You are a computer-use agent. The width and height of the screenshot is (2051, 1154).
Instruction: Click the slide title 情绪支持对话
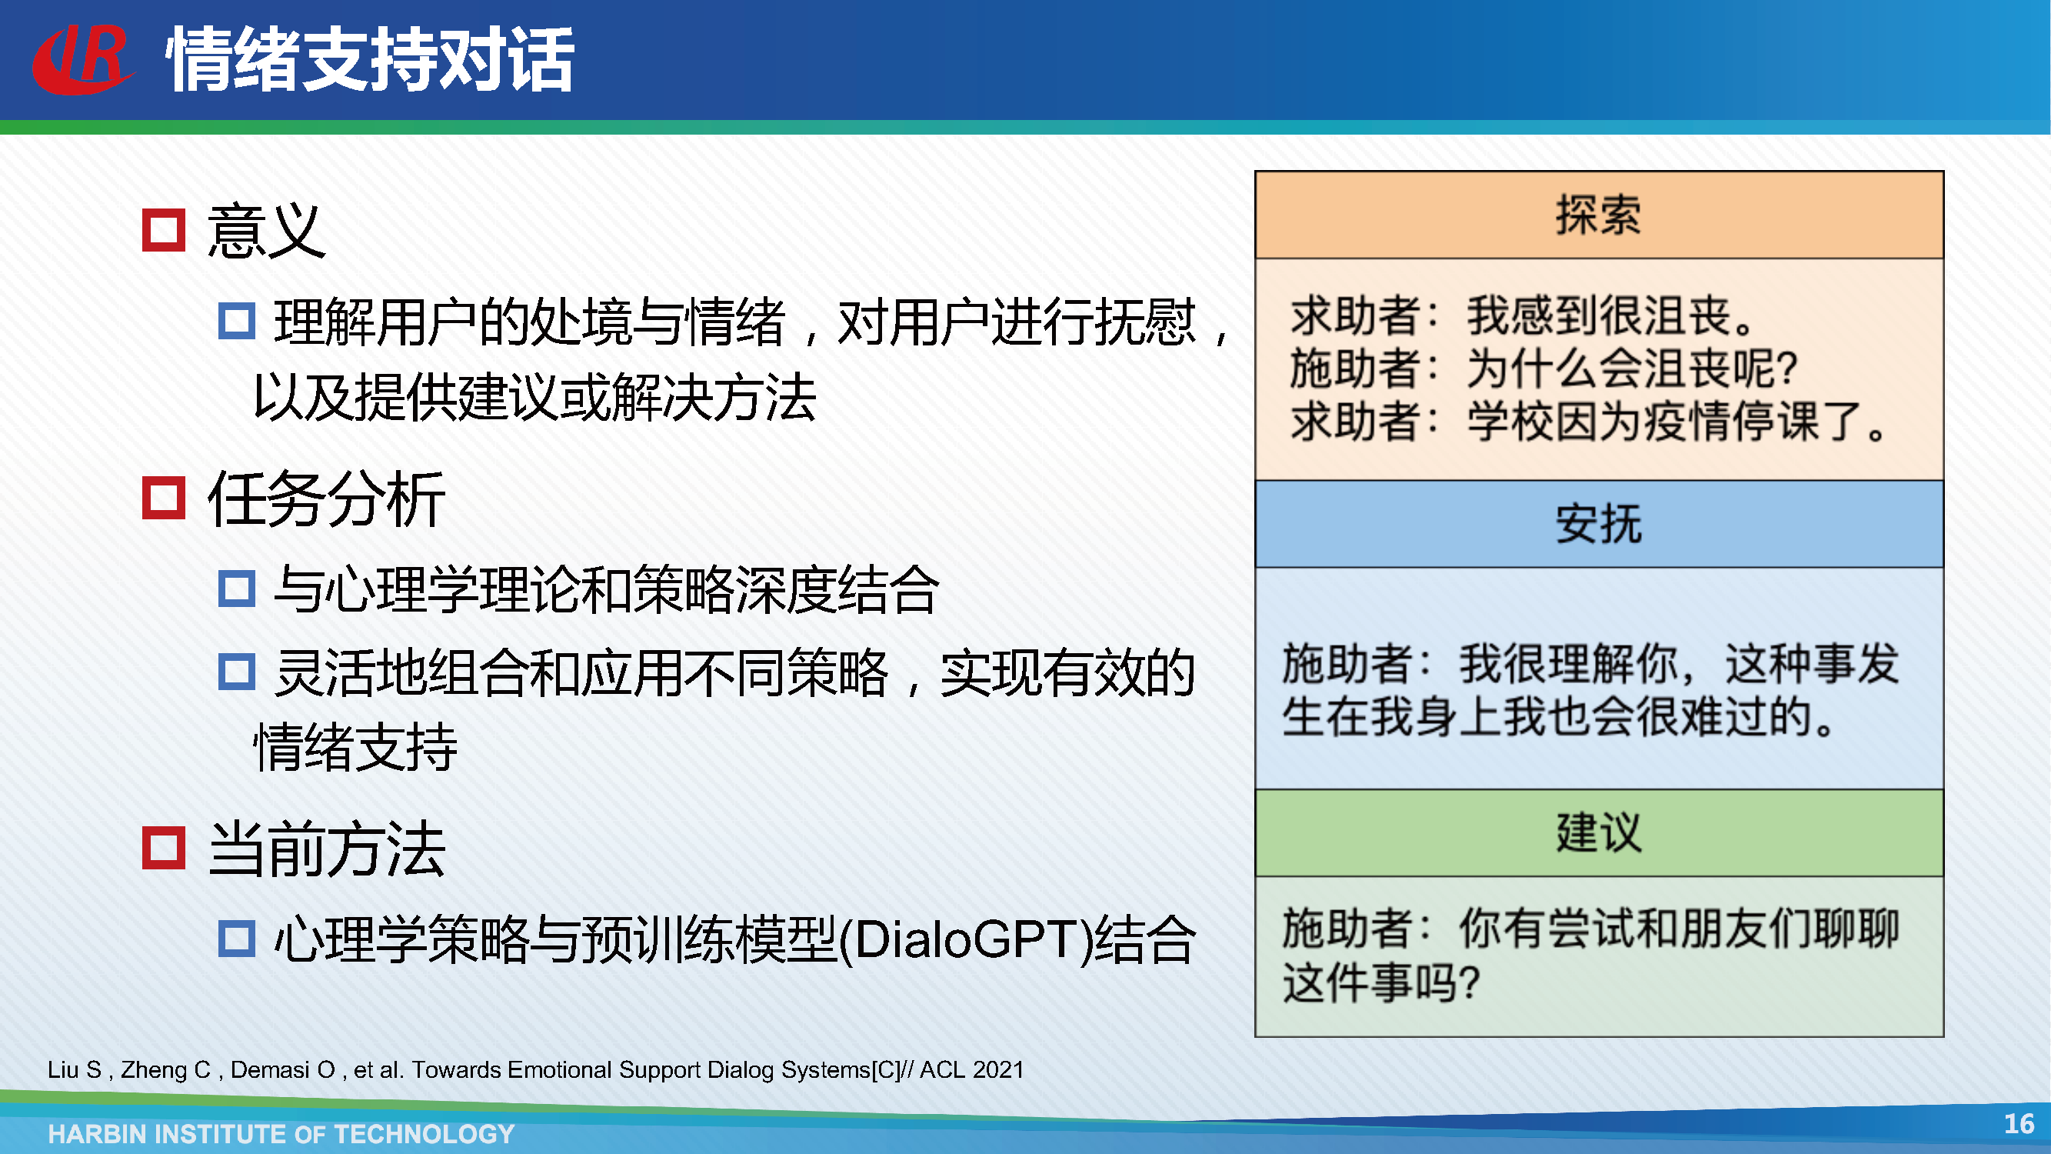click(x=370, y=60)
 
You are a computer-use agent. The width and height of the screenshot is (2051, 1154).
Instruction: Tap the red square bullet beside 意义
click(x=163, y=230)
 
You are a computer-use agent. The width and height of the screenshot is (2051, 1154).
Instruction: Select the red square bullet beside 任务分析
click(x=163, y=498)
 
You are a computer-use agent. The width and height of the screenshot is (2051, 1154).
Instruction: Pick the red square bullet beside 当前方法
click(x=163, y=847)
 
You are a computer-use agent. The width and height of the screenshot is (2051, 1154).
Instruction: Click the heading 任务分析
click(x=326, y=499)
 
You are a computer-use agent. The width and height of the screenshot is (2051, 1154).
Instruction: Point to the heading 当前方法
click(x=326, y=849)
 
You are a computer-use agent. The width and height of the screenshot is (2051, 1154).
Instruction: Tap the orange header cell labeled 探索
click(x=1599, y=215)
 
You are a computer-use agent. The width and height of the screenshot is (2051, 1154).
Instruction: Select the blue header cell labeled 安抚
click(x=1599, y=524)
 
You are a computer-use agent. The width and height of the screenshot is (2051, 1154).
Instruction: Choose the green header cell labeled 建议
click(x=1599, y=833)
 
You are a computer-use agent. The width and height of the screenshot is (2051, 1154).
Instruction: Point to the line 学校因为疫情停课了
click(x=1676, y=422)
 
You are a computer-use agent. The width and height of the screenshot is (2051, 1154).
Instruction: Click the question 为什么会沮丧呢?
click(x=1632, y=369)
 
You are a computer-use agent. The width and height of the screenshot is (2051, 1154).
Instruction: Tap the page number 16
click(x=2019, y=1124)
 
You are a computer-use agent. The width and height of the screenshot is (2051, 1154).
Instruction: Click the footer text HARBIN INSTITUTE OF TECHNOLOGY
click(x=281, y=1133)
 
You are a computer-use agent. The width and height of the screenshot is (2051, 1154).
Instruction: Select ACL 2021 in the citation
click(x=971, y=1069)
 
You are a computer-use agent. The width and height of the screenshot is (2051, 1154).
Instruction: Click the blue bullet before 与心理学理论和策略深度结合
click(x=236, y=589)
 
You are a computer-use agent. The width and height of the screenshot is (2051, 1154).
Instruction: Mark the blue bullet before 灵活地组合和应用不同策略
click(x=236, y=672)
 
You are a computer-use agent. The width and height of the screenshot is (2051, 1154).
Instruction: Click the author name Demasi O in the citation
click(x=283, y=1069)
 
